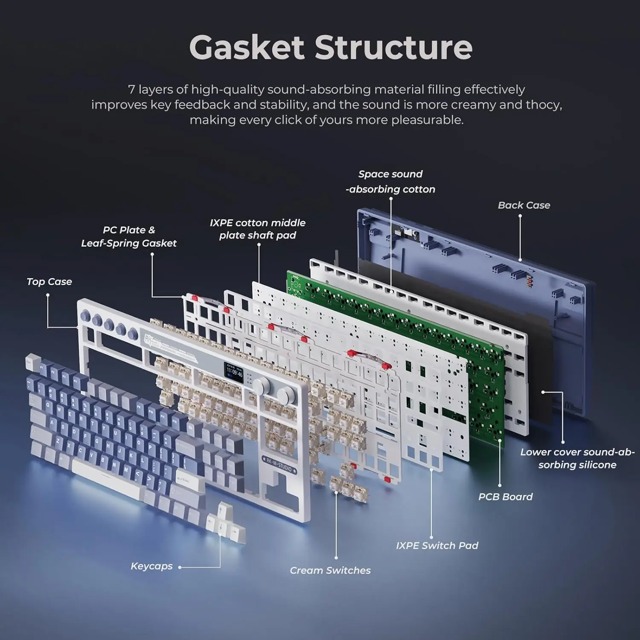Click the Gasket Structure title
point(331,47)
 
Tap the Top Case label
point(49,282)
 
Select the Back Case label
point(524,205)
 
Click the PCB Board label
point(505,497)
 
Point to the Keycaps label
point(151,566)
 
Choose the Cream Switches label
point(330,570)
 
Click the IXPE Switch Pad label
point(437,546)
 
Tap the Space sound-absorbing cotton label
point(390,182)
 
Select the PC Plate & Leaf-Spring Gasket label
point(129,236)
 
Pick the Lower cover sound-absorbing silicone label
point(577,459)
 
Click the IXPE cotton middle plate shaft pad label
point(258,229)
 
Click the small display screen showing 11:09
point(234,372)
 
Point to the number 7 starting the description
point(131,90)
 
